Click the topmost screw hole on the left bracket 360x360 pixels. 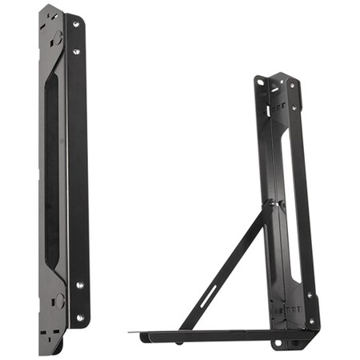tap(77, 25)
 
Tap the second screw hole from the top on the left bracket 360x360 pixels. tap(77, 52)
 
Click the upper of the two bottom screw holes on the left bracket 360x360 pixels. tap(80, 284)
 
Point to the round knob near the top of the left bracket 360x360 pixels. tap(58, 37)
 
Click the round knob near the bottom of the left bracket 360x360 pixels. tap(58, 302)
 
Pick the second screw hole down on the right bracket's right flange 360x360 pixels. tap(295, 107)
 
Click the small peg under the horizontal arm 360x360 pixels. tap(177, 342)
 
